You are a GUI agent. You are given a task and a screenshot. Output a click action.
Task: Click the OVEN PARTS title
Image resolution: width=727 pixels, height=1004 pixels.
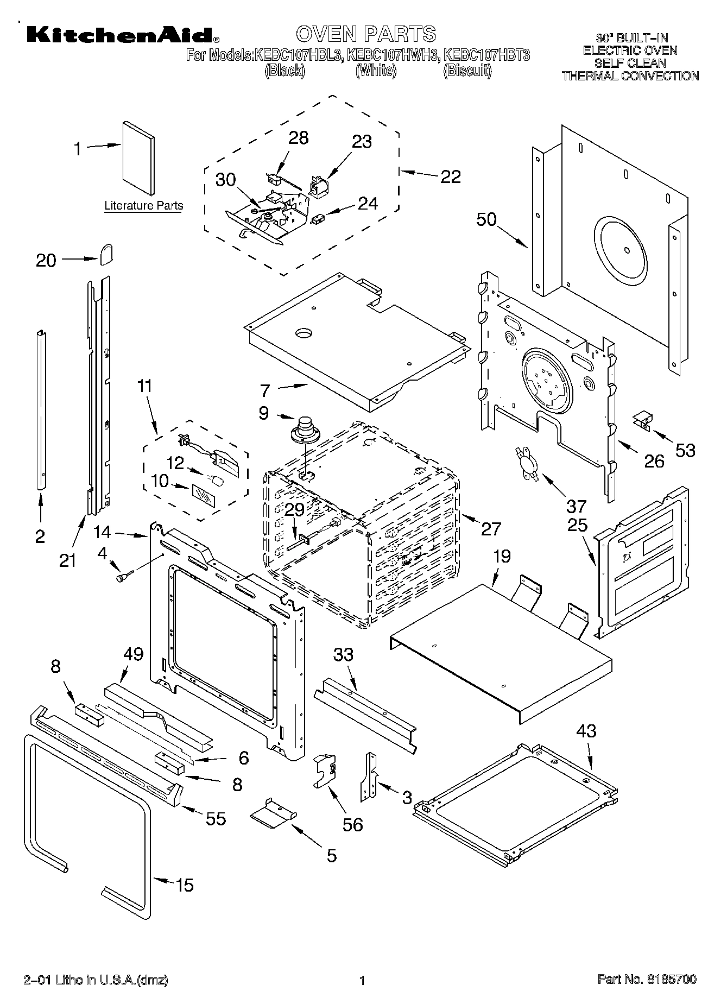coord(365,34)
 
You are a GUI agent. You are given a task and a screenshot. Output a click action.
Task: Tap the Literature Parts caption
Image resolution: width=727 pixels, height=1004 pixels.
coord(143,206)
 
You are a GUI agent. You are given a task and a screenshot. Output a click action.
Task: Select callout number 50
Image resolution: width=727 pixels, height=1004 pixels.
coord(486,220)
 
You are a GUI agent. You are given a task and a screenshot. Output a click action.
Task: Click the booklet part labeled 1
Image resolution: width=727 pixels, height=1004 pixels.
coord(138,157)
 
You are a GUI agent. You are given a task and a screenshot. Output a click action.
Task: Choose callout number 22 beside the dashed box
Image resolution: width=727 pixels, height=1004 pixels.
coord(450,177)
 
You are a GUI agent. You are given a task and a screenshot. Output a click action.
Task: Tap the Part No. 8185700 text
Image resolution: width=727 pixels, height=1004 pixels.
coord(647,978)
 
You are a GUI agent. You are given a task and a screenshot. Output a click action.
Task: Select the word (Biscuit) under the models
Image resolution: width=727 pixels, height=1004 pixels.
coord(467,71)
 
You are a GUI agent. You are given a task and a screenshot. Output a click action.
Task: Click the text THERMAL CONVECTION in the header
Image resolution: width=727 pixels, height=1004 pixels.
coord(630,76)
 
